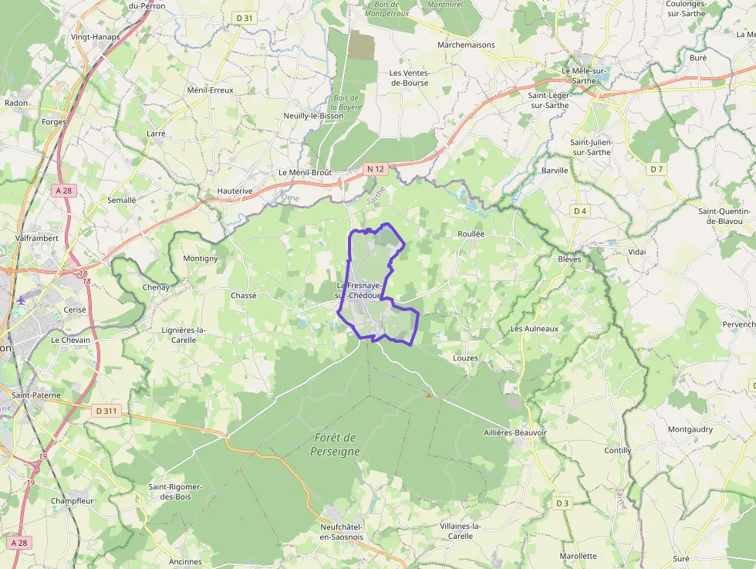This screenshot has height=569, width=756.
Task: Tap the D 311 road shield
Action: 106,411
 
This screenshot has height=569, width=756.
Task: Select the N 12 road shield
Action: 375,168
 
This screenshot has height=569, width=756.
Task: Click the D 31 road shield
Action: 243,17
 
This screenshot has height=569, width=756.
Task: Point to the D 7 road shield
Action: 656,168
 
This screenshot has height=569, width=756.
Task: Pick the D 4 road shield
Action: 580,211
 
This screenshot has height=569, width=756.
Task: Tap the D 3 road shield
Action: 562,503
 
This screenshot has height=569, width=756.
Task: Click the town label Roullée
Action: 470,233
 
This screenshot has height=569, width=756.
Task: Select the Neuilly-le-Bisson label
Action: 313,116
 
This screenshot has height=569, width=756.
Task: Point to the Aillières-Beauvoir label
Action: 515,433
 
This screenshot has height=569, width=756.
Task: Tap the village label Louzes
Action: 465,358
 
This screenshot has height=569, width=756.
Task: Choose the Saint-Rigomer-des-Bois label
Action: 175,492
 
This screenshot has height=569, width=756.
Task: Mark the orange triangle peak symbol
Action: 430,395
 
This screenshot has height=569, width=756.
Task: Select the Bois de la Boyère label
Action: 346,103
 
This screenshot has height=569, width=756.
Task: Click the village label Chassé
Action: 243,296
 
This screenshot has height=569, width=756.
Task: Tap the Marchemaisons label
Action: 466,45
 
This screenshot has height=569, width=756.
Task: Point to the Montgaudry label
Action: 690,429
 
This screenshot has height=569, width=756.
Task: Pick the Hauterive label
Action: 235,191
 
